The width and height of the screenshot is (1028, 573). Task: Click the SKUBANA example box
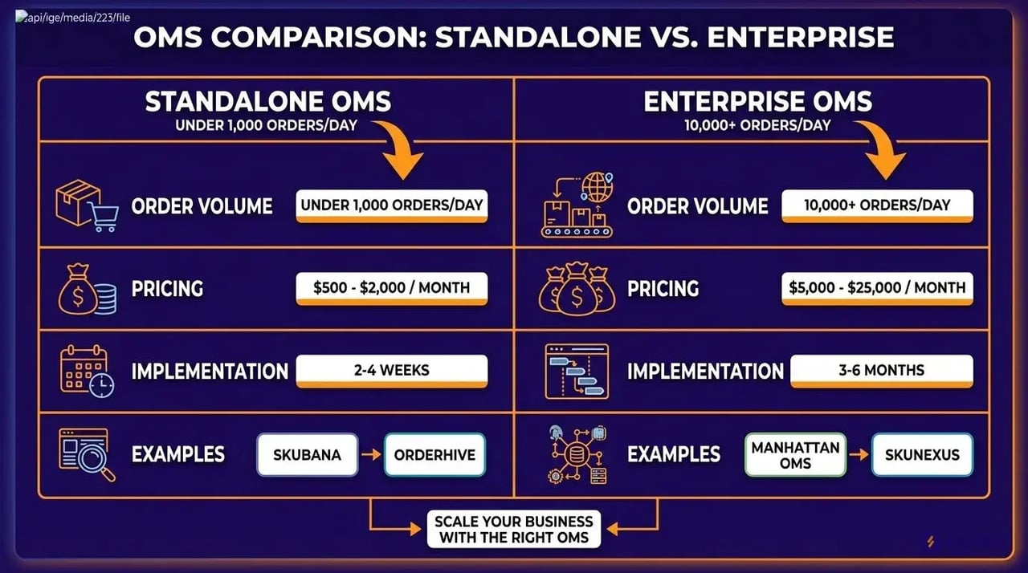click(x=307, y=455)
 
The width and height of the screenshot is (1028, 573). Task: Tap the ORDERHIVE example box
click(x=434, y=455)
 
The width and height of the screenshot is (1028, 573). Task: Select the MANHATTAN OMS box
click(x=795, y=455)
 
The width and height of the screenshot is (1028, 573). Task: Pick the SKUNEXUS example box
click(x=922, y=455)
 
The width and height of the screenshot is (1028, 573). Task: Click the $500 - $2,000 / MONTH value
click(x=392, y=287)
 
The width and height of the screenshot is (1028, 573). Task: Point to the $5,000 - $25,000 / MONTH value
click(x=877, y=287)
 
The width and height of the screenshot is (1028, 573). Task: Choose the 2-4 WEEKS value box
click(x=392, y=370)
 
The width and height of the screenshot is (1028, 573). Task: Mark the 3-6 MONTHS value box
click(x=882, y=370)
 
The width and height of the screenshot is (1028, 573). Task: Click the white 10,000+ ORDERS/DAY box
click(x=877, y=205)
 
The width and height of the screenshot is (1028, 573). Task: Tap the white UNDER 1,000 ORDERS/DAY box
click(x=392, y=205)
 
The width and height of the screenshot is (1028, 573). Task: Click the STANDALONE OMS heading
click(x=268, y=102)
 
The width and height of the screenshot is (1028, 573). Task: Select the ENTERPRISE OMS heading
click(x=757, y=102)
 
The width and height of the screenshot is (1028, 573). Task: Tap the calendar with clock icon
click(x=86, y=371)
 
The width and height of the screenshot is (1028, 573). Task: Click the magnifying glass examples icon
click(x=86, y=454)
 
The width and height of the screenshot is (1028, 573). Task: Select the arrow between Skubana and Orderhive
click(x=371, y=455)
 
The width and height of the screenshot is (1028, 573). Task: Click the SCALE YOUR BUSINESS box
click(x=514, y=529)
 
